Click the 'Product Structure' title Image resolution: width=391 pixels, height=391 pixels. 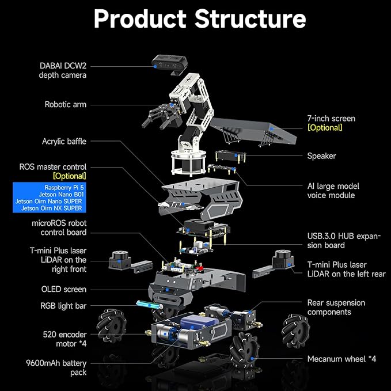point(199,19)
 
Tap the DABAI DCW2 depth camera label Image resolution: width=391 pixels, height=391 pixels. point(63,70)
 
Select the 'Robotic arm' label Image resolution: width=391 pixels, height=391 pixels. point(66,104)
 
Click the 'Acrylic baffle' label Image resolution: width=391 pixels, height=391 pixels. point(64,141)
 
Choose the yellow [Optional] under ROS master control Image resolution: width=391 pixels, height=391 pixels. point(69,176)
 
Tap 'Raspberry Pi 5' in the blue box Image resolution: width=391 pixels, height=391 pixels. point(63,188)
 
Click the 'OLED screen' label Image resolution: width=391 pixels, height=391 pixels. point(63,289)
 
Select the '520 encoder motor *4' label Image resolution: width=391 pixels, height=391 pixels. point(64,339)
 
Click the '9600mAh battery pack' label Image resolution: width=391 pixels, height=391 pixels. point(64,368)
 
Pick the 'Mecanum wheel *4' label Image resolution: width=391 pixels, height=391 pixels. point(341,359)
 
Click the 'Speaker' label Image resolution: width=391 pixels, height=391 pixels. point(321,155)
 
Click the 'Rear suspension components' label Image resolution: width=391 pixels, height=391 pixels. point(336,307)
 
